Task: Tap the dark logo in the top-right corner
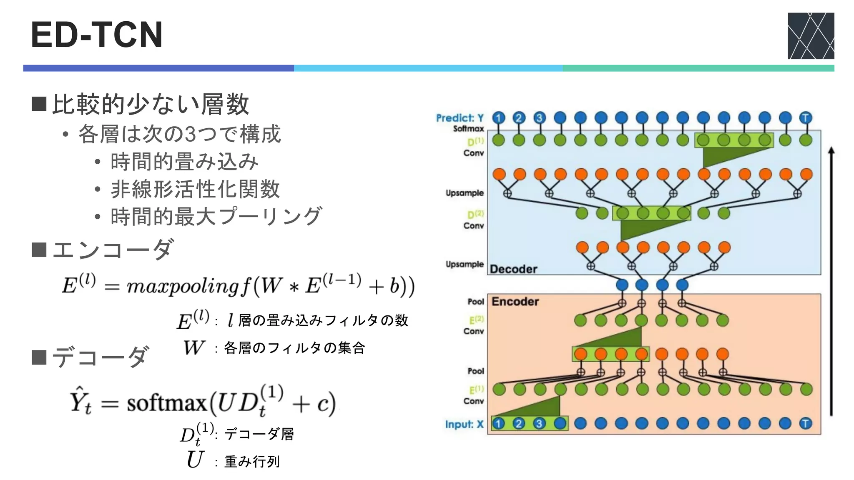coord(811,36)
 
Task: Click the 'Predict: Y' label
coord(460,118)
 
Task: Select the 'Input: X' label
coord(464,424)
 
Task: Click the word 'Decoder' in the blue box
coord(513,269)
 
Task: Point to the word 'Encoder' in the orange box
coord(515,301)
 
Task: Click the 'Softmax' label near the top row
coord(469,129)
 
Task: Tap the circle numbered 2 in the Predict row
coord(519,118)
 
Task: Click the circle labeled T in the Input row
coord(806,424)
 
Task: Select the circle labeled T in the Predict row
coord(806,118)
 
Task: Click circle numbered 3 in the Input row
coord(539,424)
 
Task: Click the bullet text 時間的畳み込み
coord(184,162)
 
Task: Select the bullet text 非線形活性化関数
coord(195,189)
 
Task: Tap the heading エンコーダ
coord(113,250)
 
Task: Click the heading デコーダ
coord(100,357)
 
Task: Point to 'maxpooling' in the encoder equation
coord(183,287)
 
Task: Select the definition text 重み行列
coord(252,461)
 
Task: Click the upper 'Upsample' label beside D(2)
coord(465,193)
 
